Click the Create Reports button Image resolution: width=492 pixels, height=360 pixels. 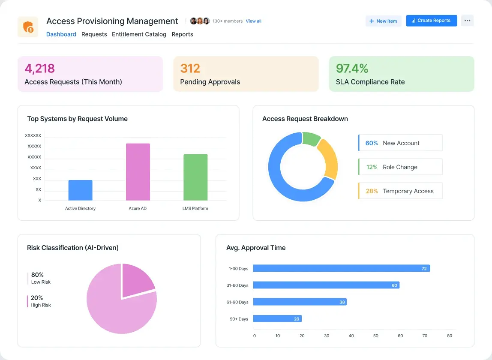click(x=432, y=21)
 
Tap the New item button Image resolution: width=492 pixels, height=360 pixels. click(x=383, y=21)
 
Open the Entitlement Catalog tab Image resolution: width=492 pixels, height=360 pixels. click(x=139, y=34)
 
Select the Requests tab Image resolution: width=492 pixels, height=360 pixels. click(x=94, y=34)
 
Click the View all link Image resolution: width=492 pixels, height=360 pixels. click(x=253, y=21)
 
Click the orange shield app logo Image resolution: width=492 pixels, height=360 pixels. click(x=28, y=27)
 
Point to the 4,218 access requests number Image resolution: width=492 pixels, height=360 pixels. click(x=40, y=69)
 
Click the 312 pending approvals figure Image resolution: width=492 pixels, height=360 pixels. click(x=190, y=69)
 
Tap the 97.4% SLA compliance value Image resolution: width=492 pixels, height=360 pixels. click(x=352, y=69)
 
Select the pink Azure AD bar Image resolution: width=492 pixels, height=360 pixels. click(x=138, y=172)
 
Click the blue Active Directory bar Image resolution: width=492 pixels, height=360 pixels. click(x=80, y=190)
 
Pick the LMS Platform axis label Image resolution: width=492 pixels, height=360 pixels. click(x=195, y=209)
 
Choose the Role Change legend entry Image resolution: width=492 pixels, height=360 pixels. click(x=400, y=167)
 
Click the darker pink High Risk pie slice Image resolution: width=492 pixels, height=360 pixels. click(x=137, y=279)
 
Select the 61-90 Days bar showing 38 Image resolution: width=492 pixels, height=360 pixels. click(x=300, y=302)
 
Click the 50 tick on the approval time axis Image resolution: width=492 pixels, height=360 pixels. click(x=376, y=336)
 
